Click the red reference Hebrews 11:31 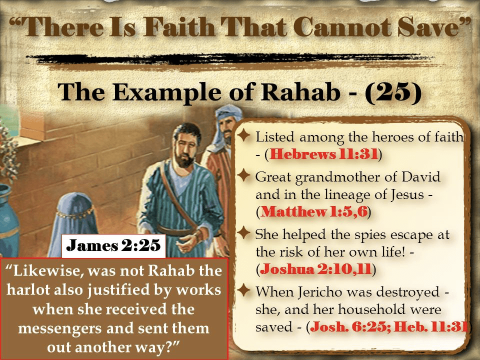pyautogui.click(x=324, y=154)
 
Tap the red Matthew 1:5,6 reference pyautogui.click(x=314, y=212)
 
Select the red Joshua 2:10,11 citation pyautogui.click(x=315, y=269)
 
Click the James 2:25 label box pyautogui.click(x=113, y=245)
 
